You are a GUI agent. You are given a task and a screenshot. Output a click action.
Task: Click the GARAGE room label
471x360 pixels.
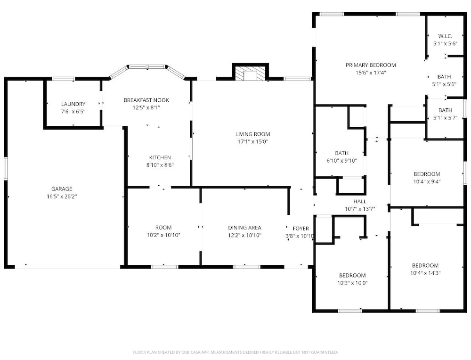click(62, 188)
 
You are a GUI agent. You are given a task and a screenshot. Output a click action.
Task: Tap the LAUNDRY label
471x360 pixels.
click(73, 104)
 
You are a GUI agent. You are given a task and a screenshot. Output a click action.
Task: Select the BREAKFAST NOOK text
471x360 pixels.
click(146, 100)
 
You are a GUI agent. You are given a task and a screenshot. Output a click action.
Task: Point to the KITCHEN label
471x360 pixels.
click(160, 157)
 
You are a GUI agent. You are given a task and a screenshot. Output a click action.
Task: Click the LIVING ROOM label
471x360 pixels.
click(252, 134)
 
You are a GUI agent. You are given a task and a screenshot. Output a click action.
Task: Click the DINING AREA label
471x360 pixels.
click(244, 228)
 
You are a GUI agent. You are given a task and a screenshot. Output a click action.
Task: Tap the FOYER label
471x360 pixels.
click(300, 229)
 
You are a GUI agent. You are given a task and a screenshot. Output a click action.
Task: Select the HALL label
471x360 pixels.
click(359, 201)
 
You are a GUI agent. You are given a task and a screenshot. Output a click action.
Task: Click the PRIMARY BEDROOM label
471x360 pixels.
click(371, 65)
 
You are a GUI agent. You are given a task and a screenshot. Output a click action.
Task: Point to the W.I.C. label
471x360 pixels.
click(445, 36)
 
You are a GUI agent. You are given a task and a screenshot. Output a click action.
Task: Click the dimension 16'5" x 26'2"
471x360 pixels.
click(62, 196)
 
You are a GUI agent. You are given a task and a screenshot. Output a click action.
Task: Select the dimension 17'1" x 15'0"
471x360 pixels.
click(252, 141)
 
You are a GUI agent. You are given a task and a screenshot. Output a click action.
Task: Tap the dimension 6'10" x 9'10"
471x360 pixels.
click(341, 161)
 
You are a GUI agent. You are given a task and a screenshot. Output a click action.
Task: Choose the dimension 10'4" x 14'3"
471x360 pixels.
click(425, 273)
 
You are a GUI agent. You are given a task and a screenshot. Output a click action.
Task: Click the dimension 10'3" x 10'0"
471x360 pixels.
click(352, 283)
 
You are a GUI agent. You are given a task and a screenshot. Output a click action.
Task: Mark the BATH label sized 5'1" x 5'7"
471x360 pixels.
click(445, 110)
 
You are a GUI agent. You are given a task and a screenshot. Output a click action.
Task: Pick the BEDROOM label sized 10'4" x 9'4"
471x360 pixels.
click(427, 174)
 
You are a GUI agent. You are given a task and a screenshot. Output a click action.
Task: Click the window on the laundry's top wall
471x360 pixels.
click(64, 79)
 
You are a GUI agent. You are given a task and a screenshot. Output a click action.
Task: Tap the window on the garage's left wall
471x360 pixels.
click(6, 169)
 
